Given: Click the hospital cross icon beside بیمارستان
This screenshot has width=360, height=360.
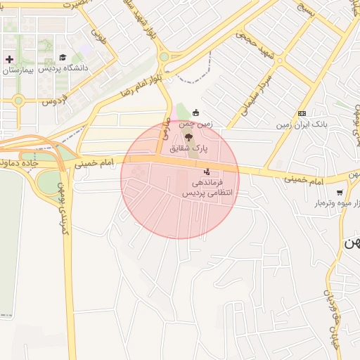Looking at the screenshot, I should pyautogui.click(x=8, y=58).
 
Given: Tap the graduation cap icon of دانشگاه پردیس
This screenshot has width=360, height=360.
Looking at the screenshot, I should pyautogui.click(x=63, y=57).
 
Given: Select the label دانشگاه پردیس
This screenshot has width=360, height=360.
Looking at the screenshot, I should pyautogui.click(x=65, y=68).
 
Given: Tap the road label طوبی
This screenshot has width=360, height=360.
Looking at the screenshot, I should pyautogui.click(x=98, y=37).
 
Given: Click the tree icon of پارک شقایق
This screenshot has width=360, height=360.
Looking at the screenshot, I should pyautogui.click(x=188, y=136).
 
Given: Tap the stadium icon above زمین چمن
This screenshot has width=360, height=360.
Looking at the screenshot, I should pyautogui.click(x=195, y=112).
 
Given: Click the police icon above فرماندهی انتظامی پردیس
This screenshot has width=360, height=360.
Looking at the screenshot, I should pyautogui.click(x=206, y=171).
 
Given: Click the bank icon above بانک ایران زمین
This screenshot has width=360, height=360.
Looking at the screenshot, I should pyautogui.click(x=302, y=113).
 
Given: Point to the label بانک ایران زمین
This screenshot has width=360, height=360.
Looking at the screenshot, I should pyautogui.click(x=301, y=124).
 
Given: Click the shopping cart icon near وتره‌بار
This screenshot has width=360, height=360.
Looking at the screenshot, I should pyautogui.click(x=340, y=193).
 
